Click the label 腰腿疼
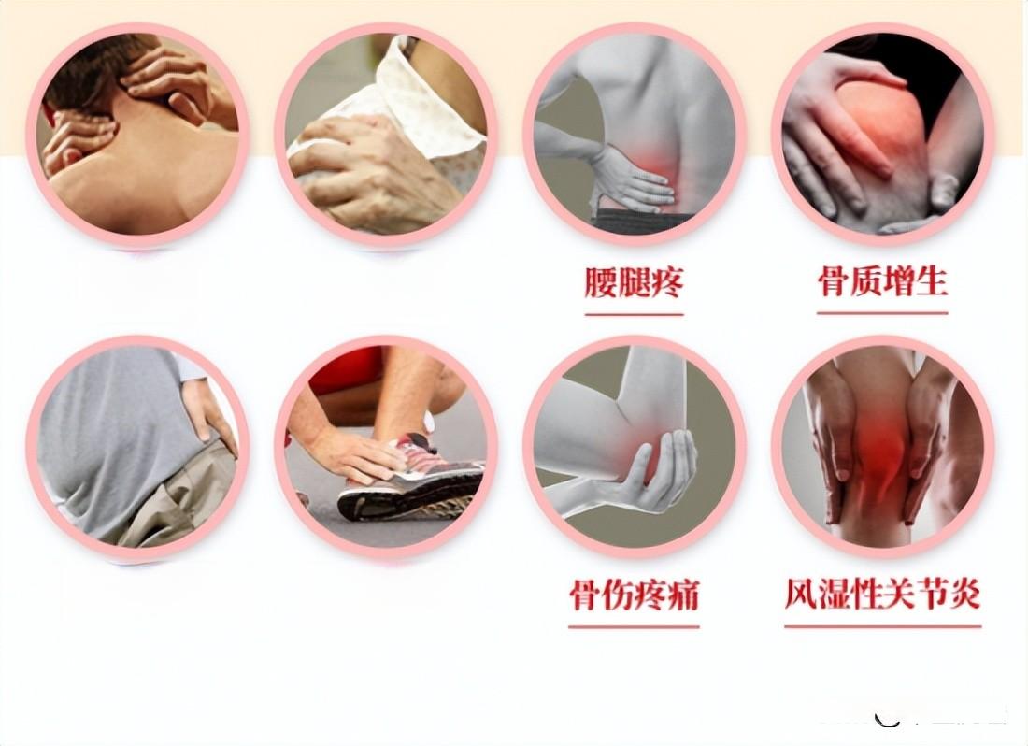(x=634, y=282)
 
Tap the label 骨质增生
(x=882, y=282)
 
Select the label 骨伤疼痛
(x=634, y=595)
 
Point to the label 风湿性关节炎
(x=882, y=594)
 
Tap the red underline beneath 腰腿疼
(x=634, y=315)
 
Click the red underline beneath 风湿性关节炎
(x=882, y=626)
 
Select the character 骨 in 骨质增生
(x=834, y=282)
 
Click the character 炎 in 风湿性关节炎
(x=965, y=594)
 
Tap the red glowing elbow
(x=639, y=452)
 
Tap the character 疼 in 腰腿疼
(x=667, y=282)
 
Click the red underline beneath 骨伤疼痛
(x=634, y=627)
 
